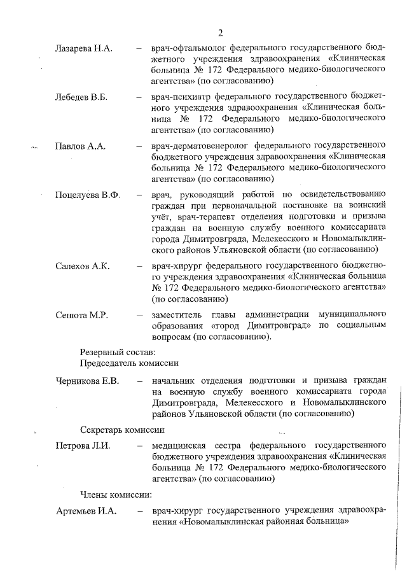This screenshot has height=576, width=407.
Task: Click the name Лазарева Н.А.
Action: click(82, 48)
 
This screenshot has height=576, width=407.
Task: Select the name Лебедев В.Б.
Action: click(81, 97)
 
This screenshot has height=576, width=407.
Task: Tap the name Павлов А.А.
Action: click(80, 146)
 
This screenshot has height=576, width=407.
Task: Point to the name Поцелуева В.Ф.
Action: click(88, 194)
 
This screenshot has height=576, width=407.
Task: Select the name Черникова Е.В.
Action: click(88, 381)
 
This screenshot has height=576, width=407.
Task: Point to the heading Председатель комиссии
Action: click(129, 363)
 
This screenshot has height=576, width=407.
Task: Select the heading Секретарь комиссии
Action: click(122, 429)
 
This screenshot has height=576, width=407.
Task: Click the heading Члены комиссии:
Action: click(116, 494)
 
